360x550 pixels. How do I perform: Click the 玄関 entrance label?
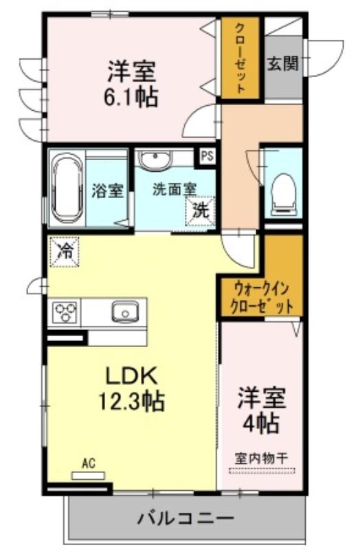(x=282, y=64)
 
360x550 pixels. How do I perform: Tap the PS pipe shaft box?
(x=207, y=156)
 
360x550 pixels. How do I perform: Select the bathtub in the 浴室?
(x=67, y=188)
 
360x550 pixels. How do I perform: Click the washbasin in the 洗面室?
(x=155, y=159)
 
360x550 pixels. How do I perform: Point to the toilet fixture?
(x=284, y=194)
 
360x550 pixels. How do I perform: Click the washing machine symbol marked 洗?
(x=200, y=211)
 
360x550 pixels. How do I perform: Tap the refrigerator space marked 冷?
(x=64, y=252)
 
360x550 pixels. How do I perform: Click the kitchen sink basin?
(x=125, y=311)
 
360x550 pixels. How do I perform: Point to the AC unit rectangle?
(x=88, y=476)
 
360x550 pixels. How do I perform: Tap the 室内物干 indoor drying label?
(x=262, y=458)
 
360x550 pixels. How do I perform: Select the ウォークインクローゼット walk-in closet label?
(x=260, y=298)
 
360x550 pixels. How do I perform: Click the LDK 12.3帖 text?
(x=131, y=388)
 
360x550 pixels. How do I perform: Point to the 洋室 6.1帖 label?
(x=131, y=83)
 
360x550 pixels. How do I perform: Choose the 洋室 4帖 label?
(x=262, y=410)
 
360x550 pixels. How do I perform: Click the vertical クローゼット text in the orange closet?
(x=240, y=58)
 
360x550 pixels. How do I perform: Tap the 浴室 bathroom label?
(x=107, y=190)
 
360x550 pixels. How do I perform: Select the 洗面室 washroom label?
(x=175, y=190)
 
